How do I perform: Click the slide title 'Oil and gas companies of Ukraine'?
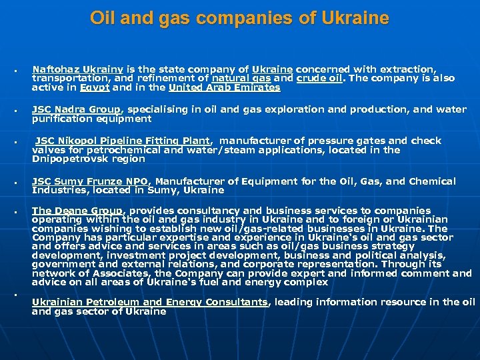tap(239, 18)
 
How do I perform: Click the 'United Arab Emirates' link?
tap(224, 87)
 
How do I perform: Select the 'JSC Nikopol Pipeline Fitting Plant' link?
tap(123, 141)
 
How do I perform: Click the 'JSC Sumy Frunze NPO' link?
tap(91, 181)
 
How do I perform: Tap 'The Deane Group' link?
tap(77, 211)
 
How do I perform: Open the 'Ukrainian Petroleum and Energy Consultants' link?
tap(149, 302)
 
